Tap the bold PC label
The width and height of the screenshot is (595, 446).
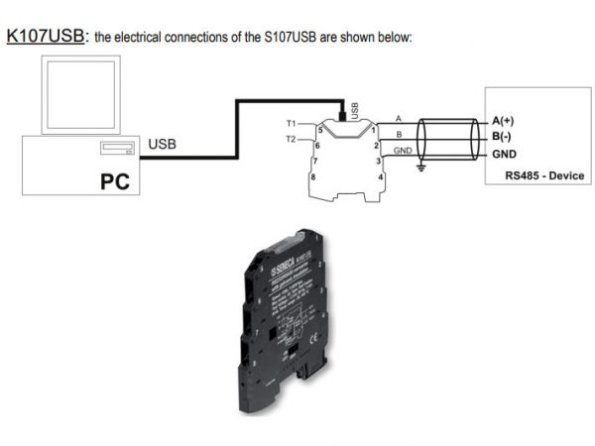click(116, 182)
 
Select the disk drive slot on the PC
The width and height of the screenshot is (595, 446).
click(118, 151)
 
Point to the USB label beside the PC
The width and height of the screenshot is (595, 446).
click(164, 145)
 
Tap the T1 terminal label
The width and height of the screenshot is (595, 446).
click(292, 124)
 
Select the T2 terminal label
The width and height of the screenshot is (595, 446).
click(292, 140)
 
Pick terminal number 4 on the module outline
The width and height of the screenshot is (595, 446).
click(379, 176)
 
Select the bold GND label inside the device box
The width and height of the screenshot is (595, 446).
click(504, 154)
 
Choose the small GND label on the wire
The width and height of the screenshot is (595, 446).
click(403, 150)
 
